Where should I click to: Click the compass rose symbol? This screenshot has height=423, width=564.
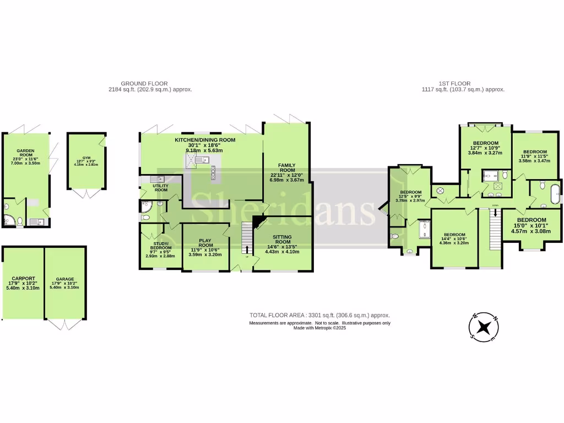point(484,327)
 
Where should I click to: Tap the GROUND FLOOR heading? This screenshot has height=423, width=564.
point(144,84)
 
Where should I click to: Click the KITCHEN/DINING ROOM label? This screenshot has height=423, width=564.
point(205,140)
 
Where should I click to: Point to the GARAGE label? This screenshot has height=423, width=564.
point(65,279)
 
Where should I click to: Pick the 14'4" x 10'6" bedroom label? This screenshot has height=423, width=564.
point(454,234)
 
